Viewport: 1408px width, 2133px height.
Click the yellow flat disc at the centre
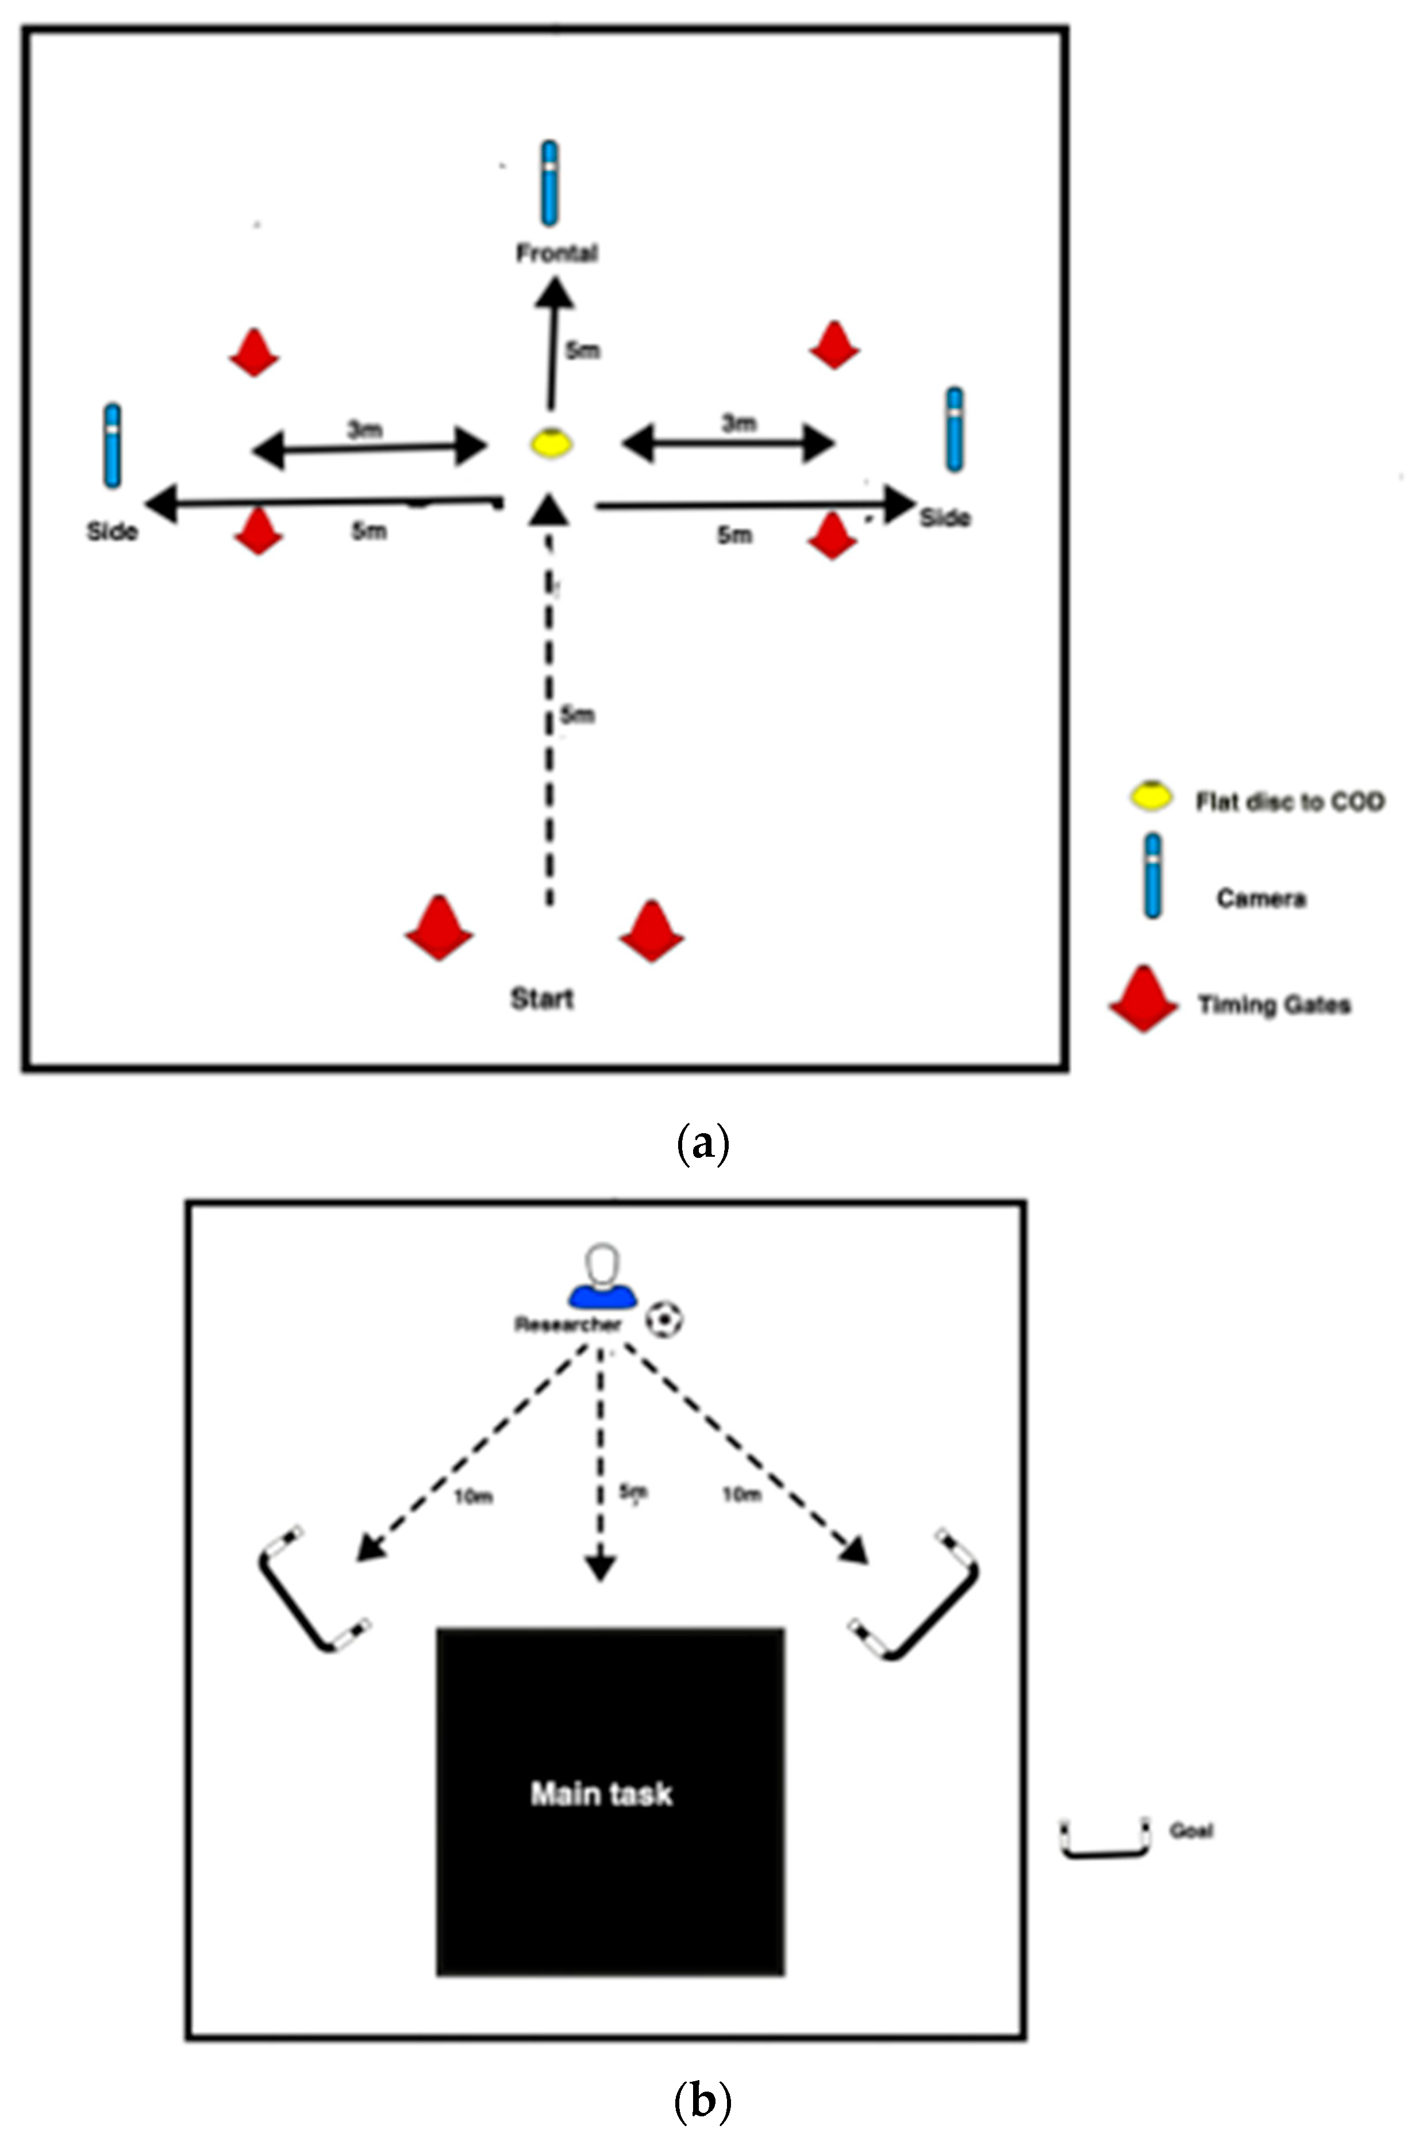click(551, 444)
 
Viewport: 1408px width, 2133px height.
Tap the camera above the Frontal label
click(549, 183)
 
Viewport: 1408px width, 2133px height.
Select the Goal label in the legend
click(1191, 1831)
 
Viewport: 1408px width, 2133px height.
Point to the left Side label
click(112, 532)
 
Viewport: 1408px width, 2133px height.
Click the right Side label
click(945, 518)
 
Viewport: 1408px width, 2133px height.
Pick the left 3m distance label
click(364, 429)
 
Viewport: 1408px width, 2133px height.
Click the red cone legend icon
click(1143, 1000)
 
